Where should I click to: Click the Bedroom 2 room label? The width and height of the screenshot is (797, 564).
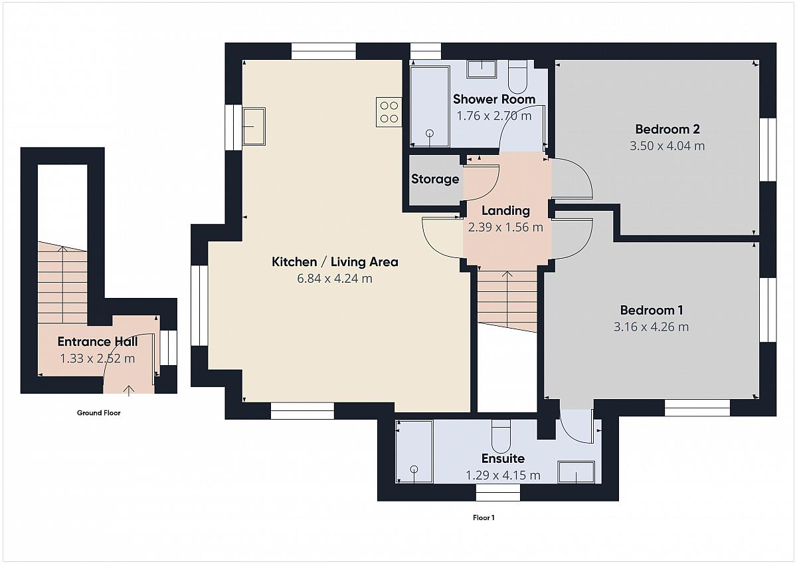[x=667, y=129]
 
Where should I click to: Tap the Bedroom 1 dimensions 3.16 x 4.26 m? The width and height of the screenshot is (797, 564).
[x=651, y=327]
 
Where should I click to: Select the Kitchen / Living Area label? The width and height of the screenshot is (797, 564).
[x=335, y=262]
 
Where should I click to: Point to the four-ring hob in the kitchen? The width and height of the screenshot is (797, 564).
[x=389, y=112]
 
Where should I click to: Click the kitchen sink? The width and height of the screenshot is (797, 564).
[x=254, y=126]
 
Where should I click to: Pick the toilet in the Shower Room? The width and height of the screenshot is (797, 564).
[x=517, y=76]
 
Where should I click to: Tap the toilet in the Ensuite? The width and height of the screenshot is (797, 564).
[x=501, y=436]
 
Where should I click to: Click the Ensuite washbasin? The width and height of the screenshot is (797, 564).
[x=576, y=472]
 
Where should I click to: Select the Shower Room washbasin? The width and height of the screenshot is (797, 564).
[x=482, y=69]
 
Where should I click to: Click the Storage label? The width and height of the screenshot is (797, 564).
[x=435, y=179]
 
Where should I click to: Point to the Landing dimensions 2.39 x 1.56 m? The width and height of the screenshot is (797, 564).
[x=505, y=227]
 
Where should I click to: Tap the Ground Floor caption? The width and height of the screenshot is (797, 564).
[x=98, y=413]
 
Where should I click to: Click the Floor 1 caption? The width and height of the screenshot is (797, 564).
[x=484, y=517]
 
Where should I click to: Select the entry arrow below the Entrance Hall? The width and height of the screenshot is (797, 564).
[x=129, y=390]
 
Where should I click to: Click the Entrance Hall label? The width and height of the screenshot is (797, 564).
[x=98, y=342]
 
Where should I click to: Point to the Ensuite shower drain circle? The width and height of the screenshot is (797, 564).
[x=414, y=470]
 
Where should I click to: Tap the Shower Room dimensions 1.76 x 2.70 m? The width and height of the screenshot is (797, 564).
[x=494, y=116]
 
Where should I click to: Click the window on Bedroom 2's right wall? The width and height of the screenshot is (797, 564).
[x=768, y=150]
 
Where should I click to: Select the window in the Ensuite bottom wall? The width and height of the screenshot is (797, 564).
[x=498, y=492]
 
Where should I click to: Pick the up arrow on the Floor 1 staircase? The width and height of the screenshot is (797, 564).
[x=507, y=299]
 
